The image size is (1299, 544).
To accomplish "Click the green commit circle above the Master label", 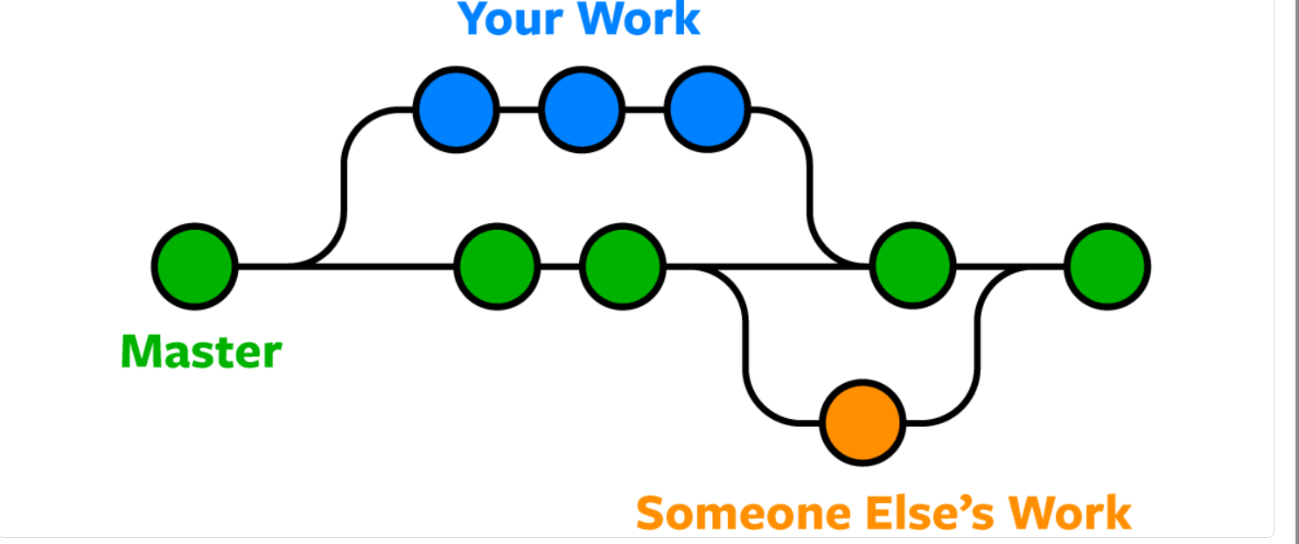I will click(195, 266).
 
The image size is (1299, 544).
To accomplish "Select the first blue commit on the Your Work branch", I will click(456, 109).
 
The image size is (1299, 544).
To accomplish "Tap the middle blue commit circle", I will click(582, 109).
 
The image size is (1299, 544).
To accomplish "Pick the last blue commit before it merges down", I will click(707, 109).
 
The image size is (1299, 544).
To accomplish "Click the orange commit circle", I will click(863, 422).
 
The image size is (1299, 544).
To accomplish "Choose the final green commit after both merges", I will click(1107, 266).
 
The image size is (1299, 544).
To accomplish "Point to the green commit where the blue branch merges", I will click(913, 266).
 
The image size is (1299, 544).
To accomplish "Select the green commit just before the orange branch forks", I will click(622, 266).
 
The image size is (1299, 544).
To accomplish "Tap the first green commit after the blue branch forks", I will click(497, 266).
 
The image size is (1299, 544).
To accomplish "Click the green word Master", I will click(201, 352).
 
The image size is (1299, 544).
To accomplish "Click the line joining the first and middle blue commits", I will click(519, 109).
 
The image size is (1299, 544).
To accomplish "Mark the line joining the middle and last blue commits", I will click(645, 109).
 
